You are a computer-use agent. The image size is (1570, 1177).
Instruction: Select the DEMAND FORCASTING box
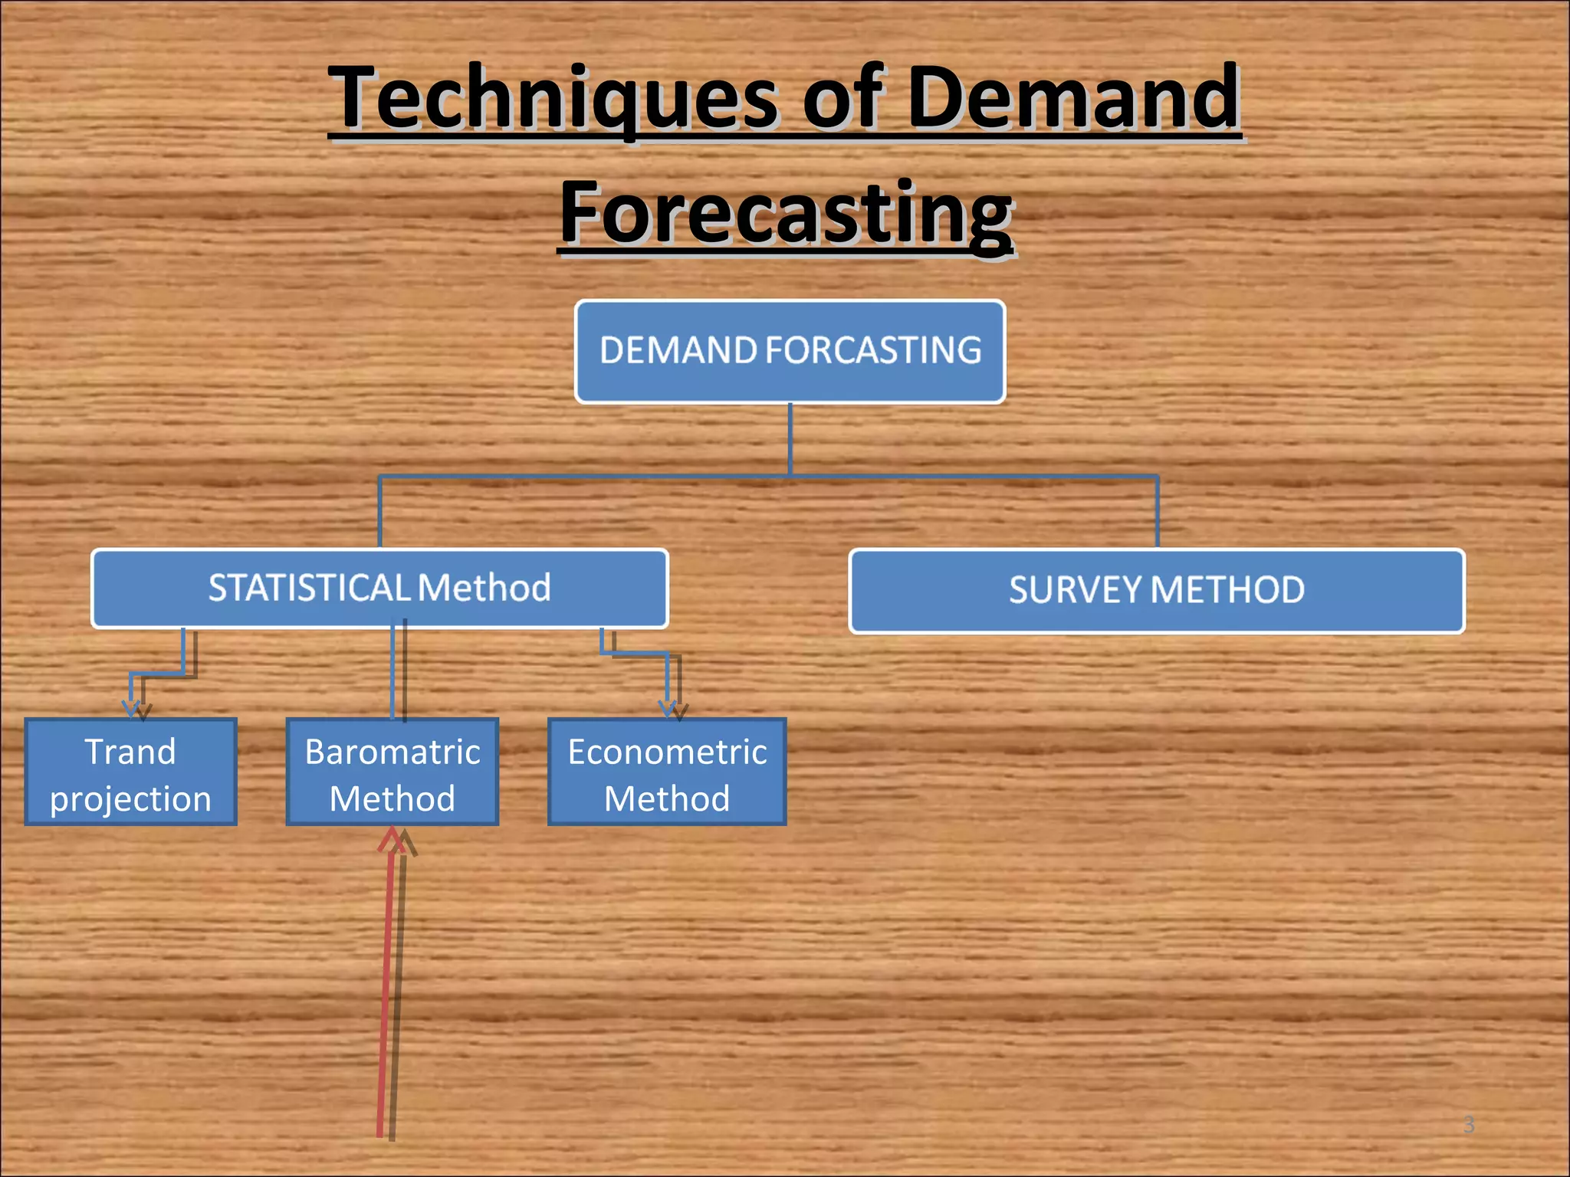click(x=790, y=352)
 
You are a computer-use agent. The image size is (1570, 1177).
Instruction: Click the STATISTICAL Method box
click(x=379, y=588)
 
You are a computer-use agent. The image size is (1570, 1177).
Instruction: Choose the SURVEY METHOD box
click(x=1156, y=591)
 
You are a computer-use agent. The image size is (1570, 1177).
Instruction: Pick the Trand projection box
click(x=130, y=772)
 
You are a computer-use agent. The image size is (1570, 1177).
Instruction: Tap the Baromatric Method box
click(x=392, y=772)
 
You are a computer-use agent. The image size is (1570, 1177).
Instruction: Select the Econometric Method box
click(x=667, y=772)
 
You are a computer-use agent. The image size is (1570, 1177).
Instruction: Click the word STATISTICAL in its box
click(x=309, y=588)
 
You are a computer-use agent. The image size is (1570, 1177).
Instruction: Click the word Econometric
click(x=667, y=752)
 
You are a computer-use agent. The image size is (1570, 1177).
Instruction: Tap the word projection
click(x=130, y=798)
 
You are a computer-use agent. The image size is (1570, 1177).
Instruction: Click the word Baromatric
click(x=392, y=752)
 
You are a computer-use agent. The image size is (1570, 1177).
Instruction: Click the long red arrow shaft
click(x=386, y=996)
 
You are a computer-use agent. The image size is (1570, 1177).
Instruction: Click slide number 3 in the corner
click(x=1468, y=1124)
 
